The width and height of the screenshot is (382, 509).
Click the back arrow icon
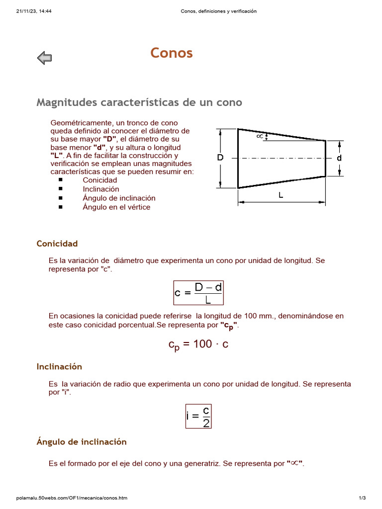coord(44,58)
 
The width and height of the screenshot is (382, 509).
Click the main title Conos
coord(172,53)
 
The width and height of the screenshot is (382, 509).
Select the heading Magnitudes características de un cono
coord(139,102)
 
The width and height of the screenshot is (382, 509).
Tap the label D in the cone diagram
coord(220,158)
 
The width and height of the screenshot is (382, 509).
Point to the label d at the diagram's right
coord(339,158)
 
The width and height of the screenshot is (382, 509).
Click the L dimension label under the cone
coord(281,195)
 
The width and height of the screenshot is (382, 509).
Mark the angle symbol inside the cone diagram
coord(259,135)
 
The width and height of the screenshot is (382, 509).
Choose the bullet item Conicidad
coord(100,180)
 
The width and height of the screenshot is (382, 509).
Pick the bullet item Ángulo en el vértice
coord(116,207)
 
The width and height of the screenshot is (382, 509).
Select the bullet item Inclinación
coord(101,189)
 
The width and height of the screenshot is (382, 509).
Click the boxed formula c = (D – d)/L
coord(198,293)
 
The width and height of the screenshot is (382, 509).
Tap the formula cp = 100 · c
coord(198,344)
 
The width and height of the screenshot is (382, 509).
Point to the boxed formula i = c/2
coord(198,416)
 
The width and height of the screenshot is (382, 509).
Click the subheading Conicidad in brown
coord(57,244)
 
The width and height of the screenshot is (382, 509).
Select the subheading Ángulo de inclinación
coord(82,442)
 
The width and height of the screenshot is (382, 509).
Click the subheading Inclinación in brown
coord(59,367)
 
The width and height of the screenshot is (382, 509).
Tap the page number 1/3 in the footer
coord(362,498)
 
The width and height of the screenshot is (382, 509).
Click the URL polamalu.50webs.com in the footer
coord(72,498)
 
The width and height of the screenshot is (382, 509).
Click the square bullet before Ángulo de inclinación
coord(60,198)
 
